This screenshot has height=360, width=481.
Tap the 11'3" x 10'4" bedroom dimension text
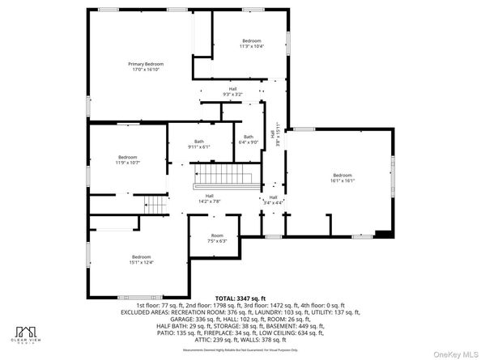252,46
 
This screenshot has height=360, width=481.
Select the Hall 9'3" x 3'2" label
232,91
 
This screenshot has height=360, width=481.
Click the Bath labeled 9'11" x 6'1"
199,144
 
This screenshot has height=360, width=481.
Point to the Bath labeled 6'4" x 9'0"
248,139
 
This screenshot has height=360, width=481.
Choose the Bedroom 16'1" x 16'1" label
342,178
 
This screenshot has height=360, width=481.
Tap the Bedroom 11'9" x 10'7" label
127,159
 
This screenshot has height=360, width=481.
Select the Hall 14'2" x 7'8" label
209,197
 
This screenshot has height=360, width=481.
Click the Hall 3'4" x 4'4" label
273,200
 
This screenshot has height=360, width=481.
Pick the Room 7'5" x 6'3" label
217,238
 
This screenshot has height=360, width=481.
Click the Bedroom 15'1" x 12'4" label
142,259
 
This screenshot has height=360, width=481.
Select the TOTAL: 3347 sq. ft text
240,298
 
